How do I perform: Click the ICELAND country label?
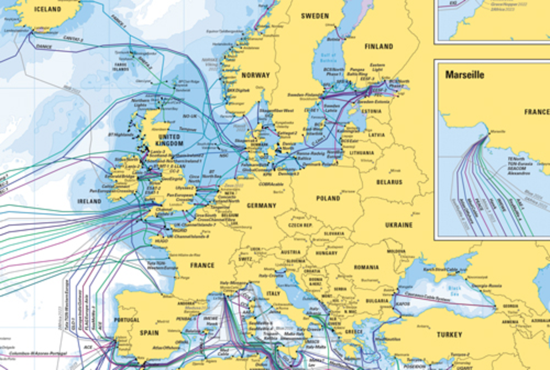[47, 9]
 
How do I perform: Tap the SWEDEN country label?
[315, 16]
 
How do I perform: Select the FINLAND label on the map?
[378, 46]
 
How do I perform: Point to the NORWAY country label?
[255, 75]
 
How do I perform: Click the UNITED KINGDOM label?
[169, 140]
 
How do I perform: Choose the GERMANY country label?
[261, 206]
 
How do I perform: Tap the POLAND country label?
[328, 198]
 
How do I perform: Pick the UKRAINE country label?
[399, 225]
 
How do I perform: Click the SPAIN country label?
[149, 333]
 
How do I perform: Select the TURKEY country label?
[449, 335]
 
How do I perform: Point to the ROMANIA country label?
[366, 267]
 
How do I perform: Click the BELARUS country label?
[389, 182]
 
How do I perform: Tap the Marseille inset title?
[464, 75]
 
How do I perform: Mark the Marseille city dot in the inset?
[489, 134]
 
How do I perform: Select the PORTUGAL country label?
[126, 320]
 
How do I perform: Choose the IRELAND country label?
[89, 201]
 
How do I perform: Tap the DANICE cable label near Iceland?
[44, 46]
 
